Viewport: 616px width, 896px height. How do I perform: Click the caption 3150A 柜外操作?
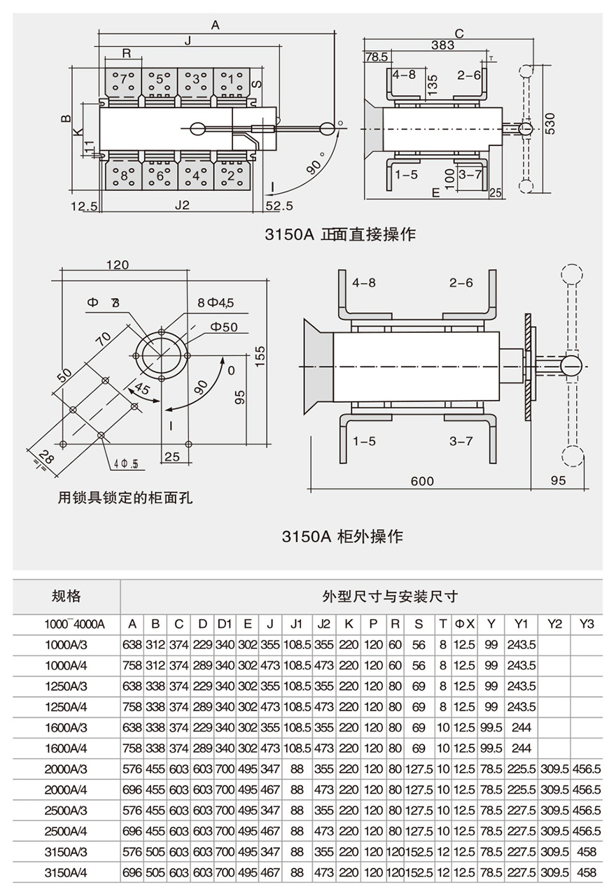point(342,536)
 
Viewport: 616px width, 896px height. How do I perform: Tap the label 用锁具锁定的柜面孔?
point(125,498)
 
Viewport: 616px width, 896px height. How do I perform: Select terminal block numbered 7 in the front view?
point(124,78)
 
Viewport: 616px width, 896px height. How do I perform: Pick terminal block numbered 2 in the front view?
point(231,175)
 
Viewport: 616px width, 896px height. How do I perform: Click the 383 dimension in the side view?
point(442,45)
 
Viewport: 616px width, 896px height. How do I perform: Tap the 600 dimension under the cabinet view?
point(422,481)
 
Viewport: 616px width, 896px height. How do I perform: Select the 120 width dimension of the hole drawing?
point(118,265)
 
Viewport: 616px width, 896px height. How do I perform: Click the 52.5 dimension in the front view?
point(279,206)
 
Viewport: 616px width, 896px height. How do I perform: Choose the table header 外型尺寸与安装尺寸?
point(389,597)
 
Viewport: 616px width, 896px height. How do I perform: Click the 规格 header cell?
point(66,596)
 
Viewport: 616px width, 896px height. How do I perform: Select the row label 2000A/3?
point(66,769)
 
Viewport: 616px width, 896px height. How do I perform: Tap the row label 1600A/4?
point(66,748)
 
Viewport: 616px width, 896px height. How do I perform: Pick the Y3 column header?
point(586,624)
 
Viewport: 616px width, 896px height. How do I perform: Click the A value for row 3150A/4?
point(132,873)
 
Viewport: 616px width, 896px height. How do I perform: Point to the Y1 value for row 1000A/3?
point(521,644)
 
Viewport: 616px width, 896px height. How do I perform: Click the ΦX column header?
point(464,624)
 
